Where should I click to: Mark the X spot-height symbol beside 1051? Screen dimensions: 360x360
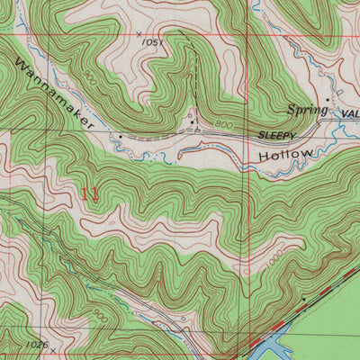point(139,33)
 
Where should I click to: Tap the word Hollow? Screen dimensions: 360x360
point(286,156)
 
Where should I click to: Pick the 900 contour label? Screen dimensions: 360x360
point(88,78)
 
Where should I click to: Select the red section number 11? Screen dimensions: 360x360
point(90,193)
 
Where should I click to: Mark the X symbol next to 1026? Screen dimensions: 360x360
point(53,348)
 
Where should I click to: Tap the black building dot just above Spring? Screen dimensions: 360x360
point(328,99)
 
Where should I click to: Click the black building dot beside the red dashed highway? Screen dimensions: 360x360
point(304,297)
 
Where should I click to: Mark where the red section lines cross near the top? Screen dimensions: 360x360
point(250,35)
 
